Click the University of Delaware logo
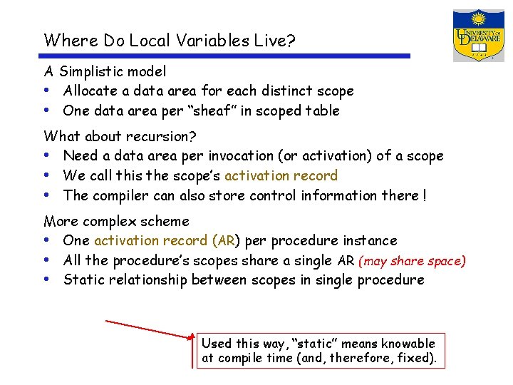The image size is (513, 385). pos(478,36)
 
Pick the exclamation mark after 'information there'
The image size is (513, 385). pos(424,195)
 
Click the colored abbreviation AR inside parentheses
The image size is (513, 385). pos(227,241)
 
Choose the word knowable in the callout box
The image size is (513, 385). pos(408,344)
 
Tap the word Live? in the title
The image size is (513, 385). pos(274,40)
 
